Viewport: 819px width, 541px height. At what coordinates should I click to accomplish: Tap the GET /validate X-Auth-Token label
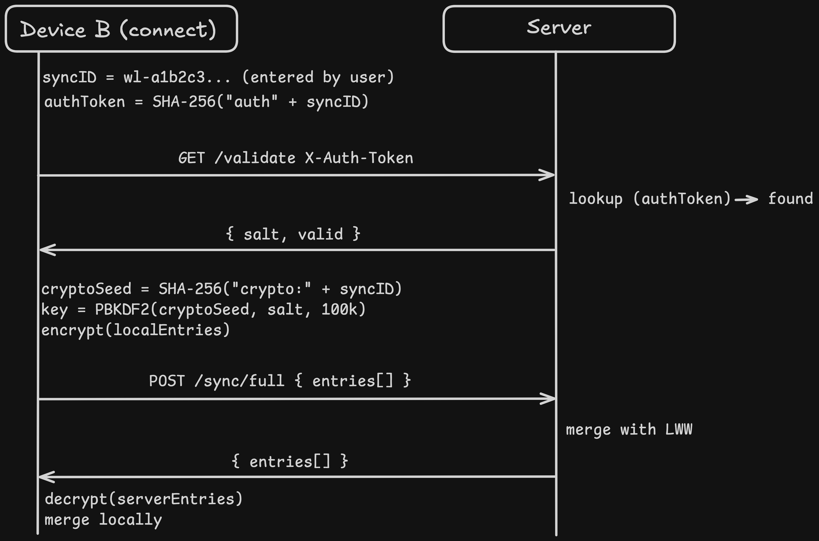click(x=295, y=158)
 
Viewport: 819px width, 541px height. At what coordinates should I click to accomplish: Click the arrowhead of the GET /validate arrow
click(x=548, y=175)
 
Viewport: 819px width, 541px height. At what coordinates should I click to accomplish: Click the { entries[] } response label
click(x=290, y=461)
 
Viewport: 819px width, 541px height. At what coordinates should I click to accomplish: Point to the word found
click(x=790, y=199)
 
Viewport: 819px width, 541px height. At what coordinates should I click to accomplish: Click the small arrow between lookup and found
click(x=746, y=199)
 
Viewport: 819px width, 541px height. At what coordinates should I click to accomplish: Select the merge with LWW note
click(x=629, y=429)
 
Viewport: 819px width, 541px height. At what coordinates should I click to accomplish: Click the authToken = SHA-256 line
click(x=206, y=102)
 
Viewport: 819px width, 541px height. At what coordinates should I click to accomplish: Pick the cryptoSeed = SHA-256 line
click(x=221, y=289)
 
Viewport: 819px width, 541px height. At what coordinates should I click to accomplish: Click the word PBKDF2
click(x=122, y=309)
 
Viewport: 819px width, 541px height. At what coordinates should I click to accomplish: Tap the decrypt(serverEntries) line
click(x=143, y=499)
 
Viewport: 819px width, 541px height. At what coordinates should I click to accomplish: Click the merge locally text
click(x=103, y=520)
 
